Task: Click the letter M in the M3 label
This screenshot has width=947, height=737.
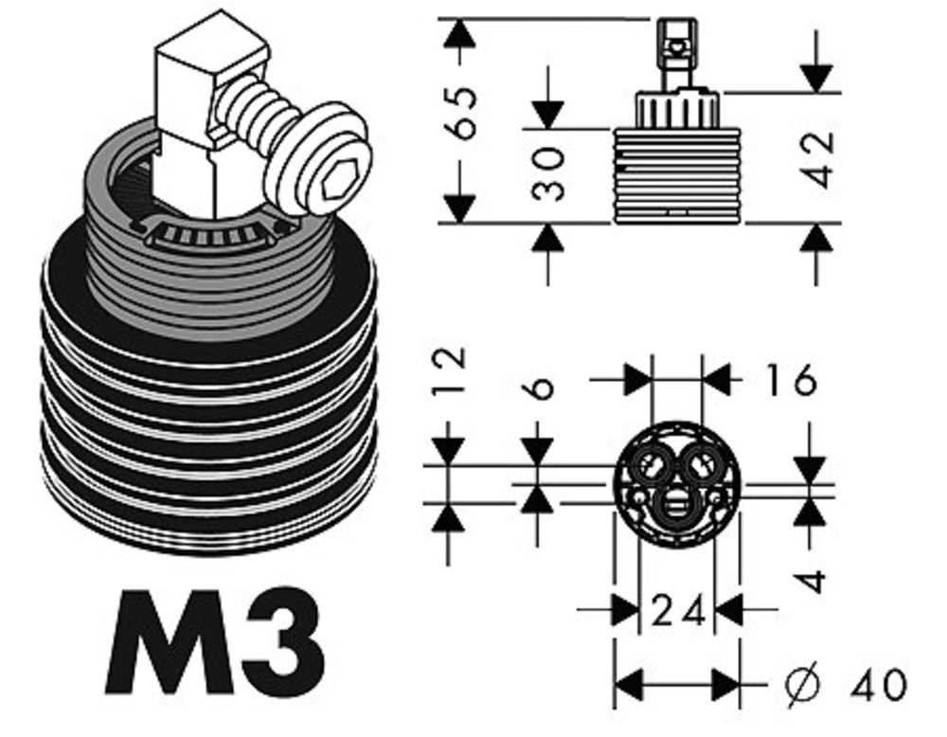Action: coord(170,641)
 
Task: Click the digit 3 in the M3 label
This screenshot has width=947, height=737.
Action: coord(282,641)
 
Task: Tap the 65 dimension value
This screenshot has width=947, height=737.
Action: coord(460,113)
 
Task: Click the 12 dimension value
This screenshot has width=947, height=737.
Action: coord(449,370)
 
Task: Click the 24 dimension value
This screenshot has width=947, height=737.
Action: coord(678,610)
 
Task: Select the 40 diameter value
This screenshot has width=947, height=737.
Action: coord(879,685)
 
